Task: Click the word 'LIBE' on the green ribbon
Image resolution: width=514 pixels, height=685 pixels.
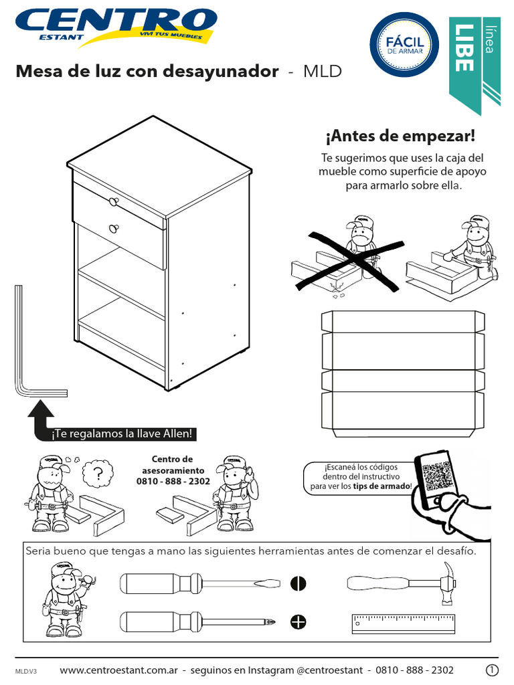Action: pos(464,47)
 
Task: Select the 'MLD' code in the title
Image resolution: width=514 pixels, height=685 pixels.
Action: pos(323,72)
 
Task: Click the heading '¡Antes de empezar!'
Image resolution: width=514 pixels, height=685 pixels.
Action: pos(400,136)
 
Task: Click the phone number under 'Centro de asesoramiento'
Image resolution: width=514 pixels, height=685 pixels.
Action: pos(173,481)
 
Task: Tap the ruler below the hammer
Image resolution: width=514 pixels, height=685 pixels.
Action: pos(403,623)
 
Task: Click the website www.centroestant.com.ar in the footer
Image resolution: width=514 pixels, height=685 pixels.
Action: pos(118,670)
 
